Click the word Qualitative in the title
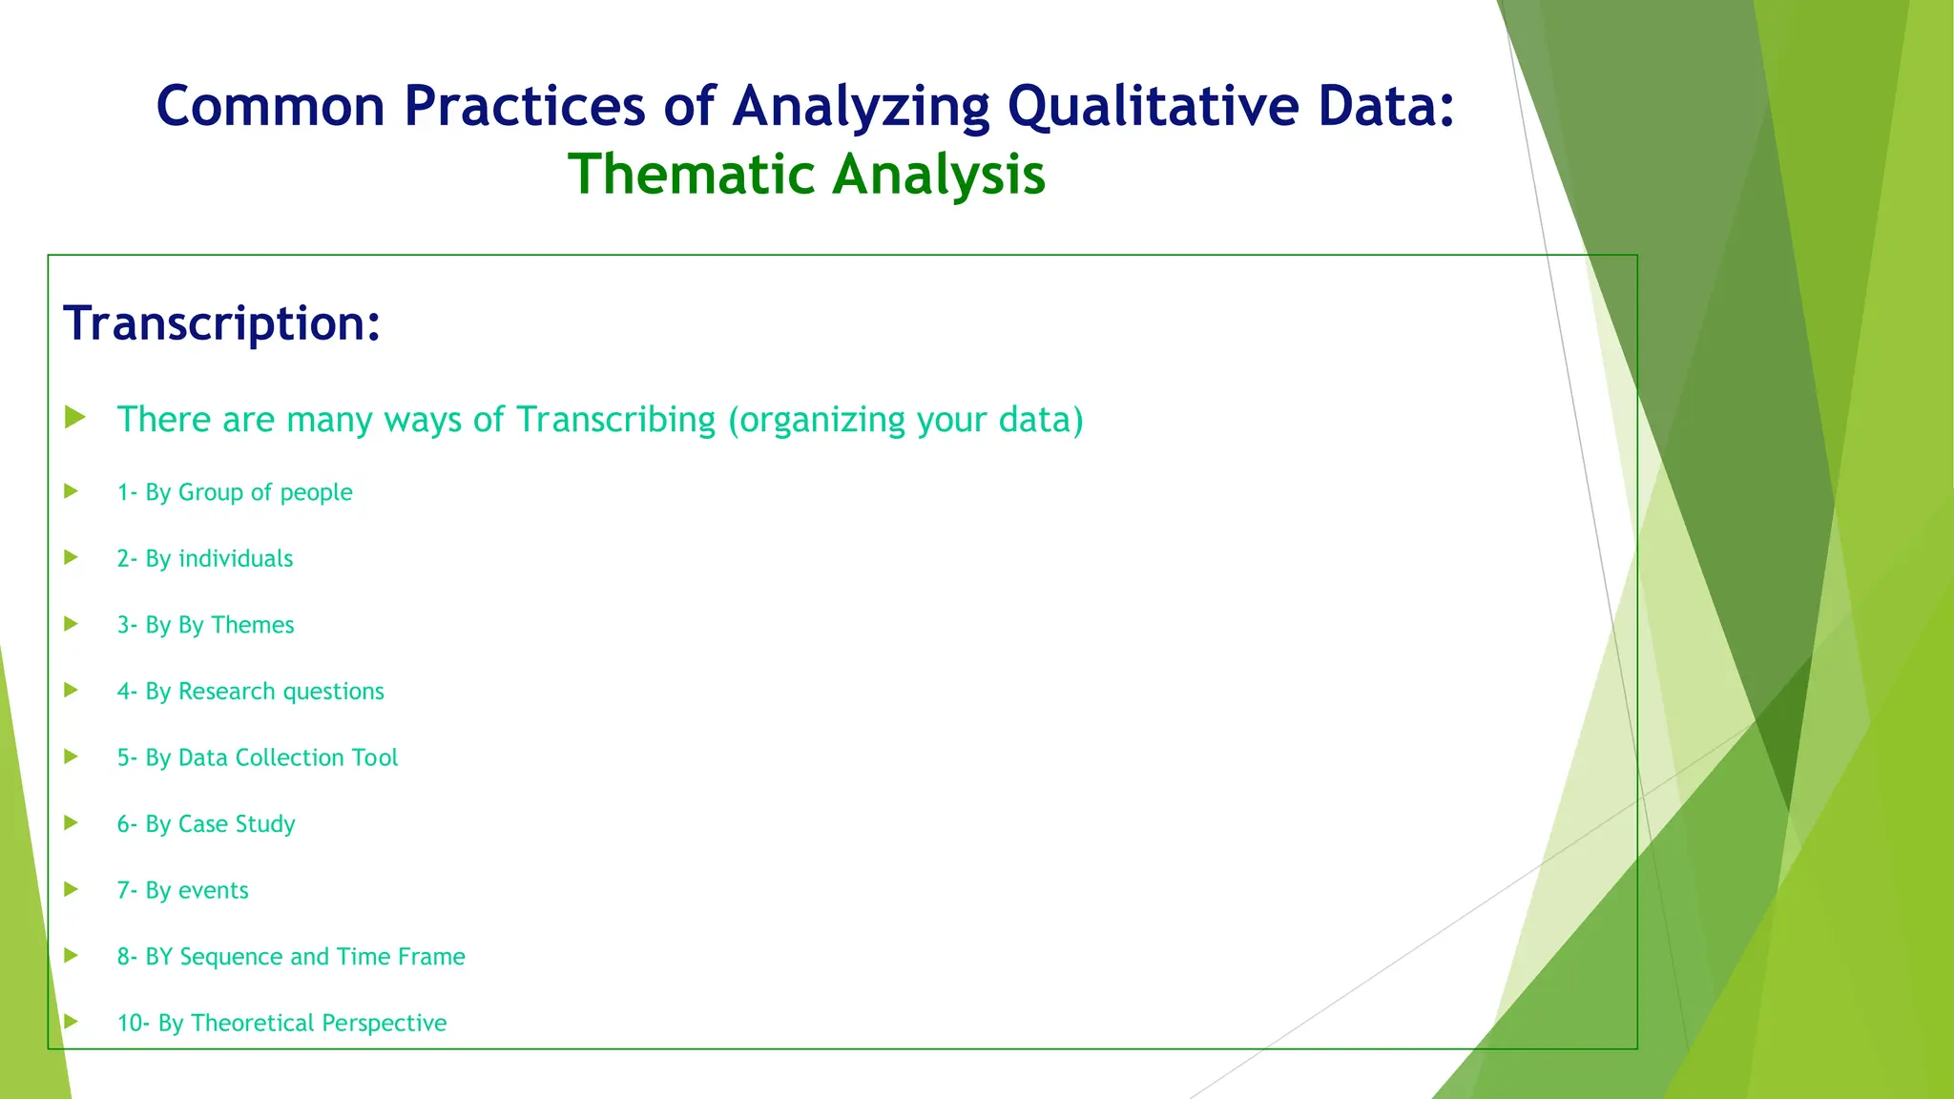coord(1153,107)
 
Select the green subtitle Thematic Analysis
coord(806,175)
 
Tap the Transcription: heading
coord(221,323)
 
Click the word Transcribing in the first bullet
coord(615,420)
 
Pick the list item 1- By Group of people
coord(235,492)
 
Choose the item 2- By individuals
coord(204,559)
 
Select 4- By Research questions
coord(250,692)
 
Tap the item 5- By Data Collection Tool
coord(257,757)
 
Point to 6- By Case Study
coord(206,824)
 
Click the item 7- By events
coord(182,890)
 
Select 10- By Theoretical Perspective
coord(281,1023)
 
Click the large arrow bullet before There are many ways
coord(75,417)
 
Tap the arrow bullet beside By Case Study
coord(71,822)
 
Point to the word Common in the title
coord(270,107)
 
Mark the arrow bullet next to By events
coord(71,889)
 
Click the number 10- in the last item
coord(133,1023)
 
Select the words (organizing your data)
coord(905,420)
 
